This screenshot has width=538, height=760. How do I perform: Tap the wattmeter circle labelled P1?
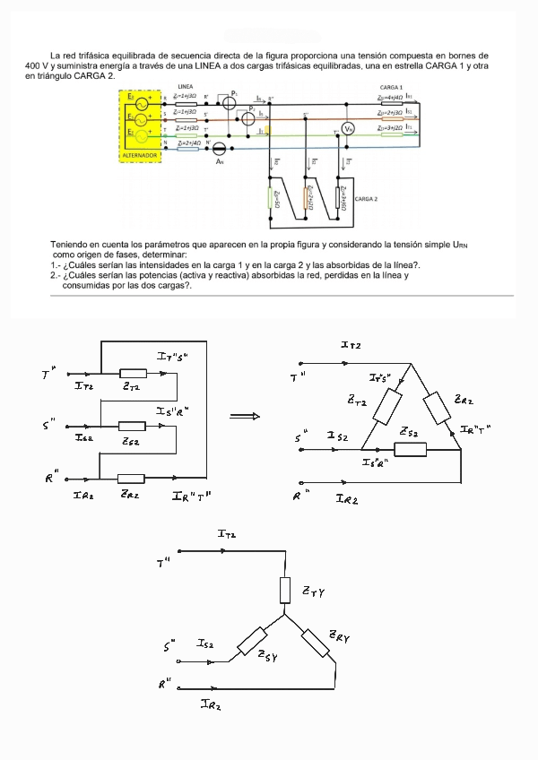pos(229,102)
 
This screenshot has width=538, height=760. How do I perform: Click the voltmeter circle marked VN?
pos(350,129)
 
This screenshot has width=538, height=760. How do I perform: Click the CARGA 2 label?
pos(367,198)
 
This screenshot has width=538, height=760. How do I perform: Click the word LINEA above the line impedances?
pos(187,87)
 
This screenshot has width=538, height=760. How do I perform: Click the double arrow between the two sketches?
pos(245,416)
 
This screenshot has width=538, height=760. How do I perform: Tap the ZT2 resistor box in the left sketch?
pos(133,373)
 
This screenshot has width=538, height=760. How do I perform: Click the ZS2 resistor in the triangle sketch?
pos(410,448)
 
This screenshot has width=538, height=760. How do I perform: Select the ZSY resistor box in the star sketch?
pos(253,643)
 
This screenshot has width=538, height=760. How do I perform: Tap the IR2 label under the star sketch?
pos(212,705)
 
